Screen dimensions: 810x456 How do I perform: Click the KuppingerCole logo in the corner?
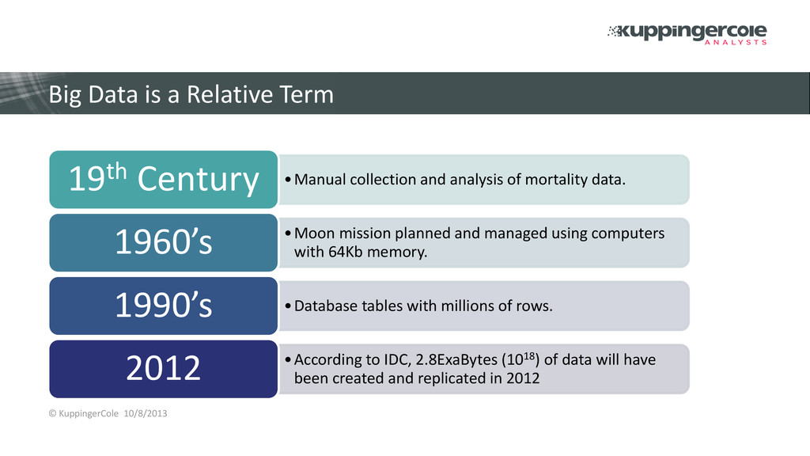coord(687,34)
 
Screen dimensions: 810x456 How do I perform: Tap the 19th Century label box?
coord(163,180)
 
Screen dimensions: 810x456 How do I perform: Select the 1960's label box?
coord(163,242)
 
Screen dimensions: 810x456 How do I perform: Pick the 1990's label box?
coord(163,306)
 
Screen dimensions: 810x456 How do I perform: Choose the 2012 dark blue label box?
coord(163,369)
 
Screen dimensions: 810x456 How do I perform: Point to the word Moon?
coord(315,234)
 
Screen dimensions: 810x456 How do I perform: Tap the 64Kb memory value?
coord(377,253)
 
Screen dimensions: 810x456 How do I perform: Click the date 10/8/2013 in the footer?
coord(146,413)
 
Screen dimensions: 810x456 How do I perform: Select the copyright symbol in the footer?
coord(53,413)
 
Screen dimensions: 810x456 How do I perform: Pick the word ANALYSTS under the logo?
coord(736,43)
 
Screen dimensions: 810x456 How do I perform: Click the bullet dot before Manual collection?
coord(288,180)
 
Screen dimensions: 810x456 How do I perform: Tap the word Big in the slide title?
coord(65,96)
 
